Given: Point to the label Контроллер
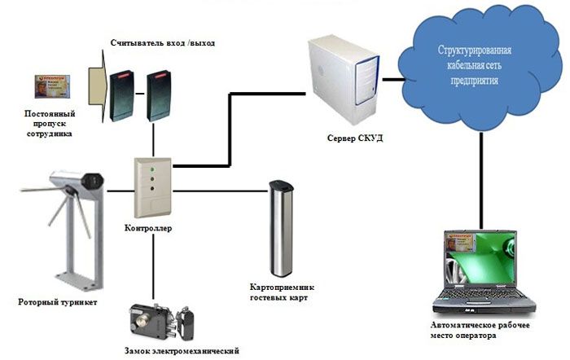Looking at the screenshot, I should [148, 230].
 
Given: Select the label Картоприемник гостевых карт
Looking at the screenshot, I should [280, 292].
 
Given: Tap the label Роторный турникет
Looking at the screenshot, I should [57, 302].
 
